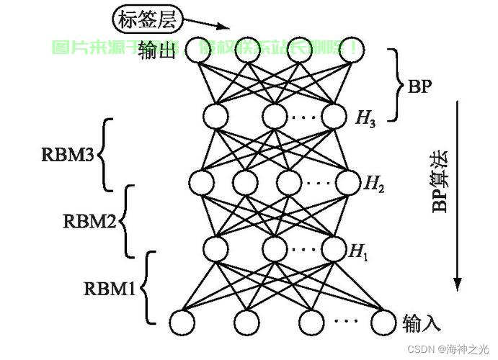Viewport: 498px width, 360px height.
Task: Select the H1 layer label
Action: [x=358, y=251]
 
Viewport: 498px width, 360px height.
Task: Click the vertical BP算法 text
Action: [x=439, y=180]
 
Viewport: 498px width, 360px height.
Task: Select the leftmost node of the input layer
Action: [x=182, y=321]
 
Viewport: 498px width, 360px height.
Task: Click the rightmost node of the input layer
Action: [x=383, y=321]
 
